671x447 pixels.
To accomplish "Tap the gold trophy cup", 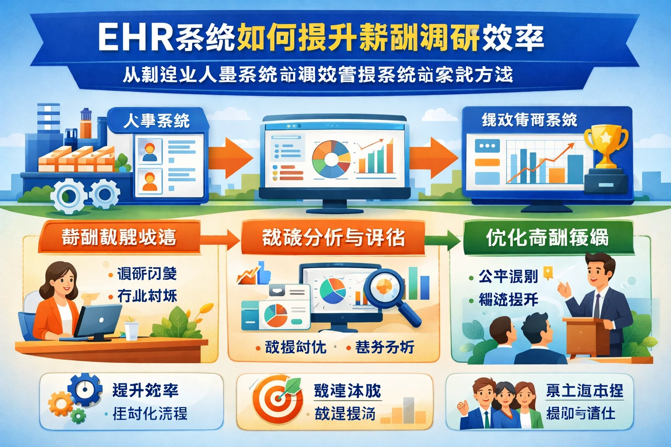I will [x=605, y=144].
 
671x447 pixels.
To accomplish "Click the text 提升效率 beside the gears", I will [x=145, y=390].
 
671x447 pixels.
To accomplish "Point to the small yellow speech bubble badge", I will [x=548, y=273].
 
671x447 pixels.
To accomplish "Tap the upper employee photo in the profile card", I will [x=149, y=151].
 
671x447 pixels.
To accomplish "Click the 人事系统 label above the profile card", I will [x=156, y=120].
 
